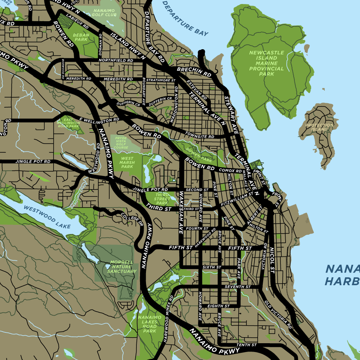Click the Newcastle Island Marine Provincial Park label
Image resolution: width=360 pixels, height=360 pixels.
(x=266, y=63)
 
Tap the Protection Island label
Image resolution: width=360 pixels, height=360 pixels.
(x=319, y=128)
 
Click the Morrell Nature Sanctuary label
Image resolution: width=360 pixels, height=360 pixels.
(x=122, y=267)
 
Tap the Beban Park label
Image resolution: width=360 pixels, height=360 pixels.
(x=81, y=37)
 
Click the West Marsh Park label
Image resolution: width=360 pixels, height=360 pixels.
(x=127, y=162)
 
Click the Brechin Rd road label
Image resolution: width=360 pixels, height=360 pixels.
(x=194, y=72)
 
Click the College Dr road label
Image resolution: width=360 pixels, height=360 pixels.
(x=135, y=219)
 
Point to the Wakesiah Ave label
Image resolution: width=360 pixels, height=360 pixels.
(x=181, y=212)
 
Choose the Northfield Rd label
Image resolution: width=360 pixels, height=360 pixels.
(x=118, y=60)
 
